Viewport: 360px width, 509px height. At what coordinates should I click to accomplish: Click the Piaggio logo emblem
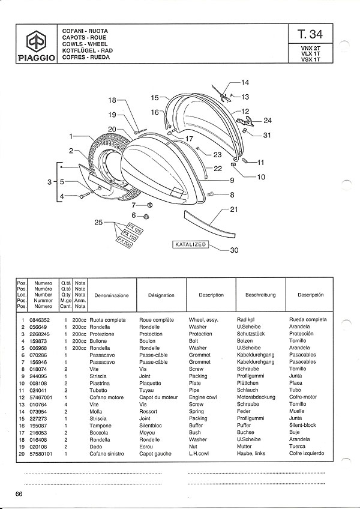[36, 41]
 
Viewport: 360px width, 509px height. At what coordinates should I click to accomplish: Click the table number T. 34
[310, 34]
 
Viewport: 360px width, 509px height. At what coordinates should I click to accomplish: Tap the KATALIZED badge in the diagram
[191, 244]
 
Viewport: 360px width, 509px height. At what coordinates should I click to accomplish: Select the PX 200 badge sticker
[124, 242]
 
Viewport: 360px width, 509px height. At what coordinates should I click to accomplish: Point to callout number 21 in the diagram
[234, 209]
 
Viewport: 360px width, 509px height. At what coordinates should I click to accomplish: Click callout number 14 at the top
[245, 82]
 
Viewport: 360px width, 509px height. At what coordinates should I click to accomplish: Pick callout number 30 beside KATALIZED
[234, 250]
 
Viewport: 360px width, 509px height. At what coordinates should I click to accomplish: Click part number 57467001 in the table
[41, 397]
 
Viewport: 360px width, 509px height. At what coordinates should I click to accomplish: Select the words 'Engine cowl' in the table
[203, 397]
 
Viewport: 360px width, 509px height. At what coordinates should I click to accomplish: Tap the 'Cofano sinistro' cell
[106, 454]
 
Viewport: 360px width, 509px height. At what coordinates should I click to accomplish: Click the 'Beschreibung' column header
[260, 295]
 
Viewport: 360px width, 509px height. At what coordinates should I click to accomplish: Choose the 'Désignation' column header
[161, 295]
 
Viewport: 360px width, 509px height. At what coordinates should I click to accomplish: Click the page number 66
[19, 494]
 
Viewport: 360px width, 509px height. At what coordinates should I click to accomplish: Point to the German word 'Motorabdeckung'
[256, 397]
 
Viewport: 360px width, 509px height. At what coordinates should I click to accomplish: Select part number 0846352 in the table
[39, 320]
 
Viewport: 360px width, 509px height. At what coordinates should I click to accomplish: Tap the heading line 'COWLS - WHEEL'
[85, 44]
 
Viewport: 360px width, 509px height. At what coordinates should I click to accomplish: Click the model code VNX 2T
[310, 48]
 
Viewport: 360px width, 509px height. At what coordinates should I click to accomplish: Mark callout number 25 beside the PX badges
[98, 222]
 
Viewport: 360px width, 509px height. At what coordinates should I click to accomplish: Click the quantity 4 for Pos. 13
[66, 405]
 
